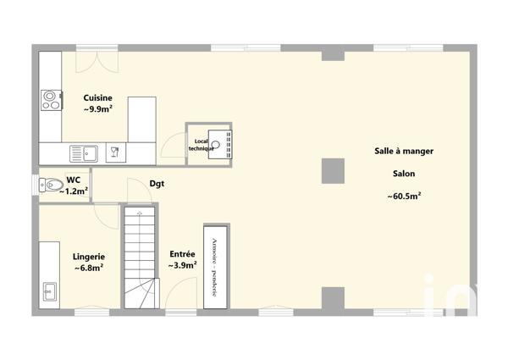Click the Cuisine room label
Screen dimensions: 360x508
tap(98, 98)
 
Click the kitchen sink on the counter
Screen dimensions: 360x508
tap(87, 153)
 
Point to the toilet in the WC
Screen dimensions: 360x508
tap(52, 184)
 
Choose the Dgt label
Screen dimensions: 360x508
tap(157, 182)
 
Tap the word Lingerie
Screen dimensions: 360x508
tap(89, 256)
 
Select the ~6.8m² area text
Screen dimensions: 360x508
tap(89, 268)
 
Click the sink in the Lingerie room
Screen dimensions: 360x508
tap(49, 293)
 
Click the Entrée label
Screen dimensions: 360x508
tap(182, 253)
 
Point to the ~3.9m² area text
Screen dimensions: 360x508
tap(182, 265)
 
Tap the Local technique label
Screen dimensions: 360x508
tap(201, 145)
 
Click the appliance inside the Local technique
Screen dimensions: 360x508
tap(222, 144)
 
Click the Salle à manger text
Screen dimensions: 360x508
tap(404, 151)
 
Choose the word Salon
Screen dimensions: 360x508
tap(404, 174)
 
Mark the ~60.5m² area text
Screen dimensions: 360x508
tap(404, 197)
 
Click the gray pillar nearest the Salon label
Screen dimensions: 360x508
tap(333, 170)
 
